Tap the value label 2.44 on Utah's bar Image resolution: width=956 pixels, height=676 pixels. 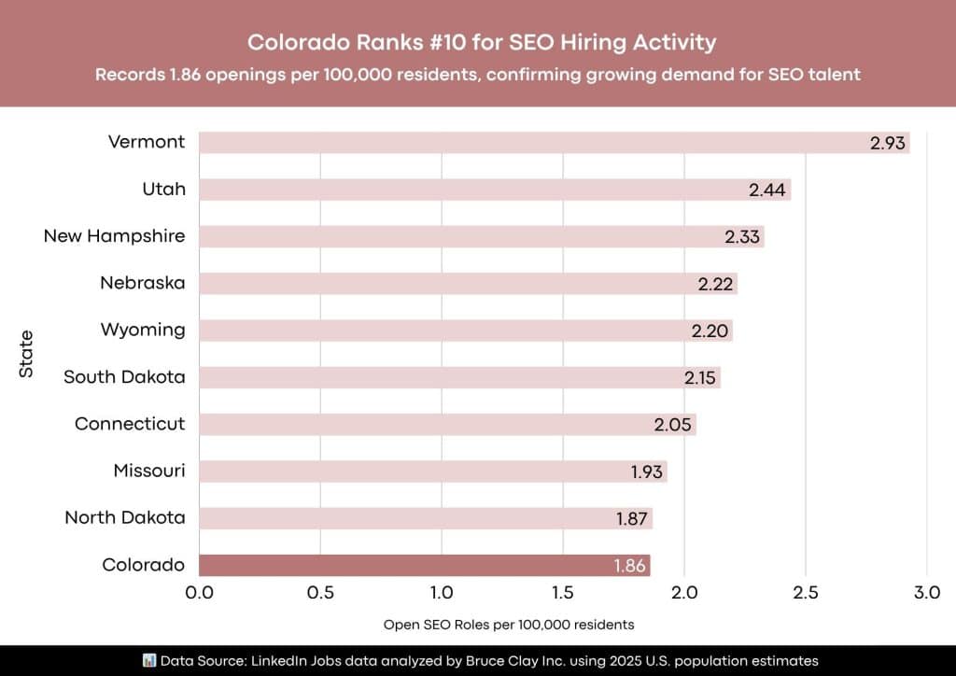767,190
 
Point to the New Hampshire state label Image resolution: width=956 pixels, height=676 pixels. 114,236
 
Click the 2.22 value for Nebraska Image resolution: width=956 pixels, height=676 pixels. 716,284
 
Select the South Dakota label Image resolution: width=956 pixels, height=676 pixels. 124,377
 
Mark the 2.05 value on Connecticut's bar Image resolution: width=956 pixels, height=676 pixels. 673,425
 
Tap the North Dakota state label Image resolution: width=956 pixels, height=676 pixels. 124,518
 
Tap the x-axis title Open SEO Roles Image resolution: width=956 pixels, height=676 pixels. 509,624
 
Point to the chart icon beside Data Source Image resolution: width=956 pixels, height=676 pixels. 148,660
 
